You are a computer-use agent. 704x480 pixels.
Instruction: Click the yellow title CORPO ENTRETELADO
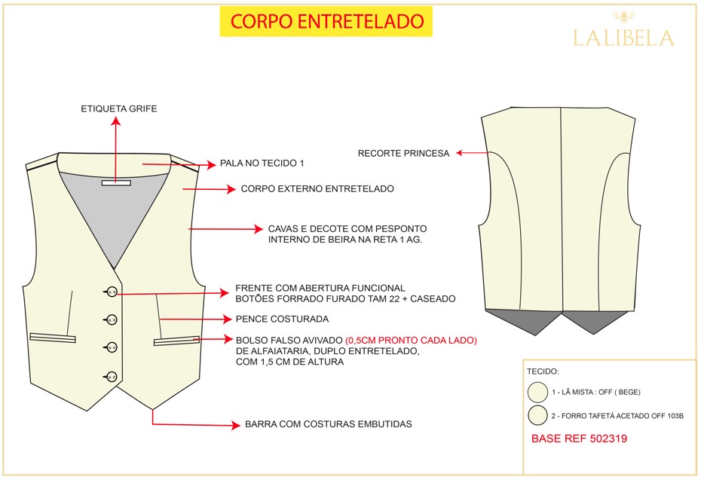coord(326,21)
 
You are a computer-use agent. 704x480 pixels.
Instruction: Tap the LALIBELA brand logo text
coord(623,38)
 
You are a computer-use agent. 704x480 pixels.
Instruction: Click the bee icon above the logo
coord(623,17)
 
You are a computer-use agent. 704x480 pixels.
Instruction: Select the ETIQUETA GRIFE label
coord(119,109)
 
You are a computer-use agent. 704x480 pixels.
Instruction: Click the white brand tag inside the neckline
coord(116,183)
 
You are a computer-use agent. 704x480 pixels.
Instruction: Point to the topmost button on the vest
coord(112,292)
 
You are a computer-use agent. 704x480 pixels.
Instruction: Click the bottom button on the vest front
coord(112,377)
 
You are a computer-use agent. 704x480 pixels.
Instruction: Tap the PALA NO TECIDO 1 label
coord(262,164)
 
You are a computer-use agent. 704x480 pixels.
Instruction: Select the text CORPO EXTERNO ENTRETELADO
coord(317,188)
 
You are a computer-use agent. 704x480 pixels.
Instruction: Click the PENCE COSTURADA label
coord(282,319)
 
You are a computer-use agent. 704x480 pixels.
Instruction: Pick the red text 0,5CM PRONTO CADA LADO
coord(411,341)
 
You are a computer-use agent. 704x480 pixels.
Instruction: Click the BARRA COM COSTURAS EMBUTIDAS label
coord(328,424)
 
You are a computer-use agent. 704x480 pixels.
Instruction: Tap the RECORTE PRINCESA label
coord(403,154)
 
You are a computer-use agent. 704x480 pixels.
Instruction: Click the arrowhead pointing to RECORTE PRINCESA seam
coord(459,153)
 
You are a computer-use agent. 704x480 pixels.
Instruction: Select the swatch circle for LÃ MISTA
coord(537,392)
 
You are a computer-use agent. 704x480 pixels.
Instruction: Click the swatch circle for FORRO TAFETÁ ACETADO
coord(537,415)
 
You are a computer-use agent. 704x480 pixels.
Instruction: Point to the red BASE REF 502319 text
coord(579,439)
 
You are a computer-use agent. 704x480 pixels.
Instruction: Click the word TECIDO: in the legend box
coord(543,371)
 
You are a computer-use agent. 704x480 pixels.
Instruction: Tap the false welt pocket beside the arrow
coord(176,341)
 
